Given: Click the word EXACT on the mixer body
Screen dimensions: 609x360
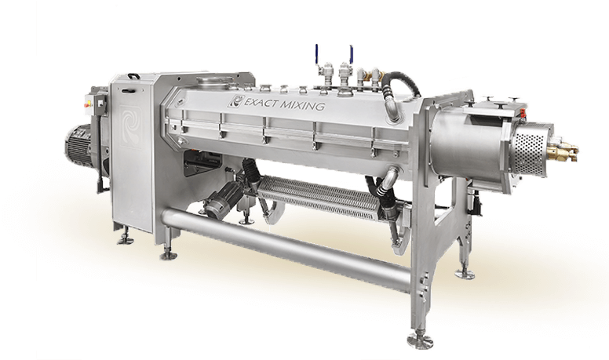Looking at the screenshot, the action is [261, 103].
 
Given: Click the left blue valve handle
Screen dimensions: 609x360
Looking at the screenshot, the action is [316, 54].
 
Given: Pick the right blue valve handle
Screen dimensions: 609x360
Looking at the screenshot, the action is [351, 53].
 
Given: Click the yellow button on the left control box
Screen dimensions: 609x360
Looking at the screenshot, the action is [88, 104].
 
